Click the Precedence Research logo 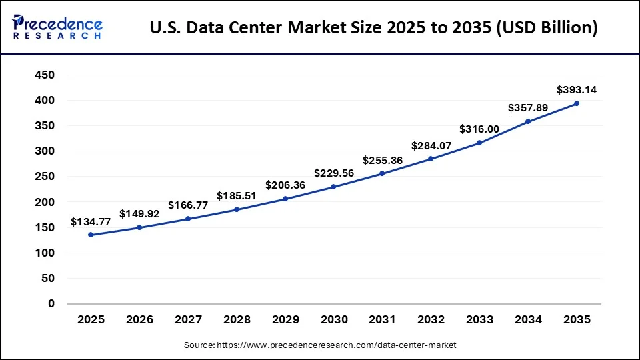click(x=57, y=27)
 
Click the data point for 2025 click(x=91, y=235)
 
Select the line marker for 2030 click(x=333, y=187)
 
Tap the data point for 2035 click(x=577, y=103)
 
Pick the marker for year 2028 click(x=237, y=209)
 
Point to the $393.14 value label click(x=577, y=89)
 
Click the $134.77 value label click(x=91, y=222)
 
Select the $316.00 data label click(x=479, y=129)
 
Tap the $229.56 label click(x=333, y=172)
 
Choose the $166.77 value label click(x=188, y=205)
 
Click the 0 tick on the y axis click(x=51, y=304)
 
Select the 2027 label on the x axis click(x=188, y=320)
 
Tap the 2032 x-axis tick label click(x=431, y=320)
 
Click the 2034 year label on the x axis click(x=528, y=320)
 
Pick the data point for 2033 click(x=479, y=143)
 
